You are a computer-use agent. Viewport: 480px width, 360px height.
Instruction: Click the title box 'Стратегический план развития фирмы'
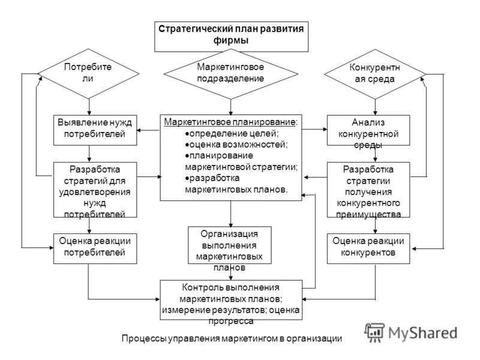click(x=231, y=35)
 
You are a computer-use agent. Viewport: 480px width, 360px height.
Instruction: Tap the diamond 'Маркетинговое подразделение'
click(x=230, y=73)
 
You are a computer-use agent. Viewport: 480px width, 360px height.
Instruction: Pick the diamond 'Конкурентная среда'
click(x=375, y=74)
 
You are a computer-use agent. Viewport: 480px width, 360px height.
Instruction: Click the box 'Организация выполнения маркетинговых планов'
click(x=229, y=245)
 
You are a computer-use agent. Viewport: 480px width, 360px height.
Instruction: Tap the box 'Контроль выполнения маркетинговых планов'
click(x=230, y=299)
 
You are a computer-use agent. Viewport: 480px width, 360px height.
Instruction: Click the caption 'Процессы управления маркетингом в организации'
click(x=232, y=339)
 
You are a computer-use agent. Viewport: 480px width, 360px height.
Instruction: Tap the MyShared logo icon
click(x=375, y=332)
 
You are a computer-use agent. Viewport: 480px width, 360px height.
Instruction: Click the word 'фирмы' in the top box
click(x=231, y=41)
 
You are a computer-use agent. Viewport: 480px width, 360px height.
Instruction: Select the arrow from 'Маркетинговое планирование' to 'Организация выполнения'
click(x=230, y=213)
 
